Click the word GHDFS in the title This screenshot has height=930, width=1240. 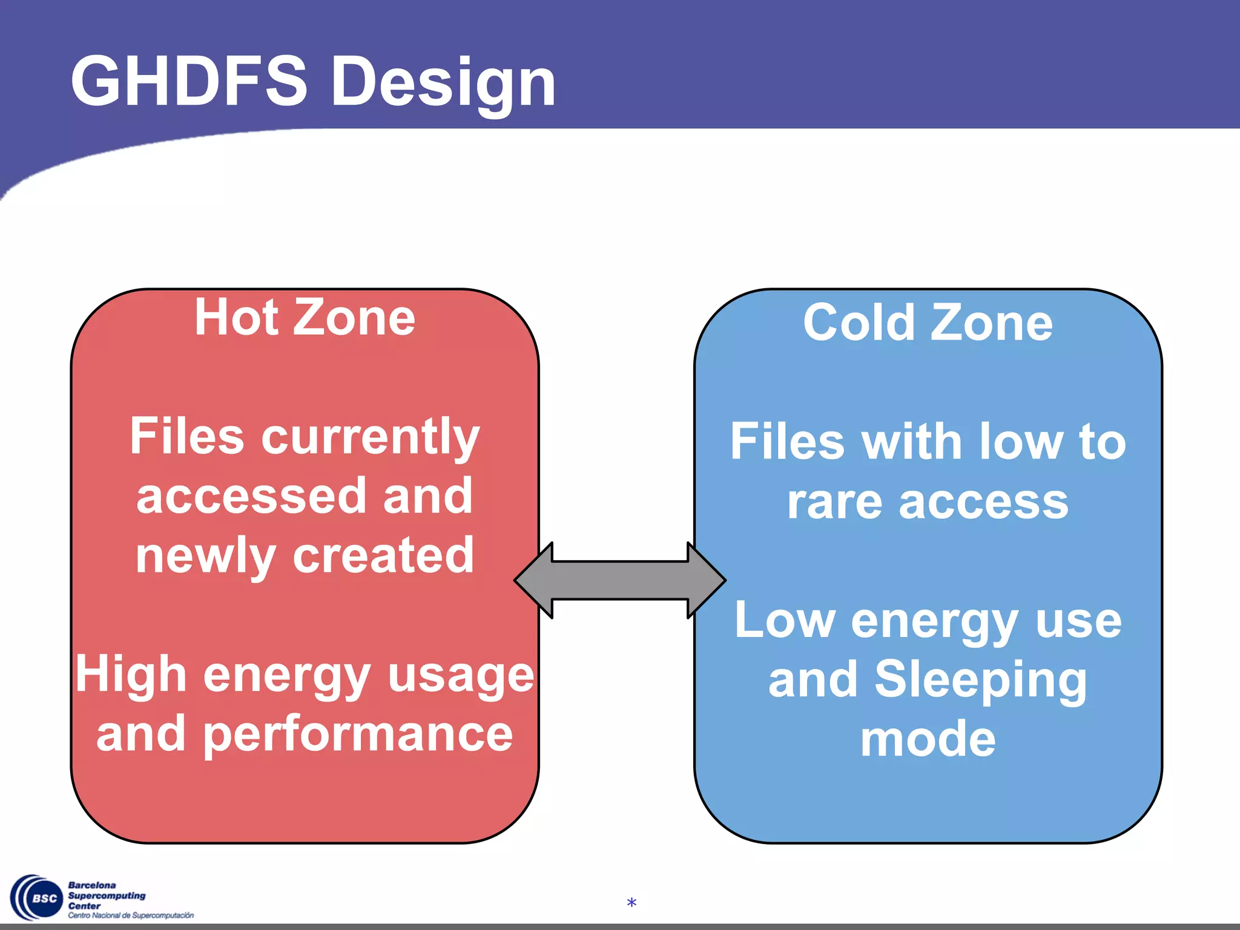pyautogui.click(x=189, y=82)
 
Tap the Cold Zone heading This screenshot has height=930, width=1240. pyautogui.click(x=928, y=323)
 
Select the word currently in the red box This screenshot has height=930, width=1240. pyautogui.click(x=370, y=438)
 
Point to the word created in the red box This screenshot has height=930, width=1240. pyautogui.click(x=383, y=555)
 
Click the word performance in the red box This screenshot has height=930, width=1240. pyautogui.click(x=357, y=736)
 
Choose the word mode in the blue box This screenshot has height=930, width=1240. pyautogui.click(x=928, y=739)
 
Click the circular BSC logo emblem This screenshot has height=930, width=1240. pyautogui.click(x=36, y=898)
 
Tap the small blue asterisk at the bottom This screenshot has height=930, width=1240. pyautogui.click(x=632, y=903)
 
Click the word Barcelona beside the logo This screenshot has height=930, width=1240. pyautogui.click(x=91, y=885)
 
